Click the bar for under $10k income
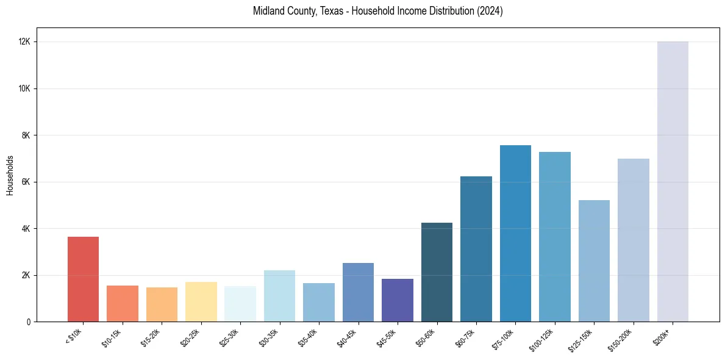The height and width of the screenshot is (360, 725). [83, 279]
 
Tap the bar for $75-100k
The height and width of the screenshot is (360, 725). [515, 233]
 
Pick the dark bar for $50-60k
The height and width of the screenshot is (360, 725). [437, 272]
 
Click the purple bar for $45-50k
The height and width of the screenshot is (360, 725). [398, 300]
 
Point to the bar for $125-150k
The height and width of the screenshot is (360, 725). [594, 261]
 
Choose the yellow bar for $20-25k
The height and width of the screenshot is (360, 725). [201, 301]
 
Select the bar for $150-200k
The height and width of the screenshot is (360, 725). [634, 240]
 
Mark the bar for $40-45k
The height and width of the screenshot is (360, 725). [358, 292]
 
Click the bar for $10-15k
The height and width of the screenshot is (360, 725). [123, 303]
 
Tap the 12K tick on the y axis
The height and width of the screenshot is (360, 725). [24, 42]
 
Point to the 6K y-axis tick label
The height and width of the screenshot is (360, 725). [26, 182]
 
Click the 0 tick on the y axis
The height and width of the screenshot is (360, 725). [29, 322]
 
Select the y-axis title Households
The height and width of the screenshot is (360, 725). [10, 175]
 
